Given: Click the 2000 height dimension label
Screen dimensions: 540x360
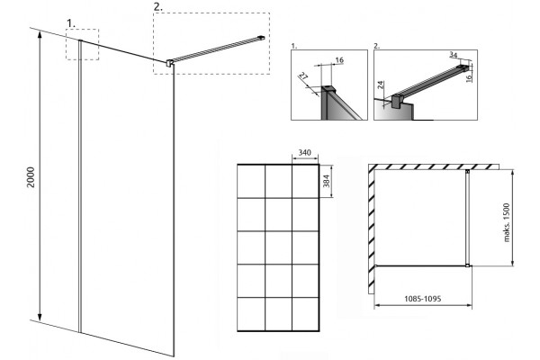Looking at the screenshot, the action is click(31, 177).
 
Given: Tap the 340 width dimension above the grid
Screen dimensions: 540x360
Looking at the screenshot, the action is click(305, 152).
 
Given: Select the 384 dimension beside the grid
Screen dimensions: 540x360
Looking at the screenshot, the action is click(326, 181).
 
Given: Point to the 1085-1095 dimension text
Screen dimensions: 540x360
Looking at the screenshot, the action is click(423, 299).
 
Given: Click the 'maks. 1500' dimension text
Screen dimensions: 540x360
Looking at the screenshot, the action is click(506, 222).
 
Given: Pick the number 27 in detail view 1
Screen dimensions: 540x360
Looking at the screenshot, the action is click(303, 76).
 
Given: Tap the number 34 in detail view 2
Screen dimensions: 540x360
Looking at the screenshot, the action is click(454, 55).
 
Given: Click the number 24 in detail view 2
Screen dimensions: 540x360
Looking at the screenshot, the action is click(380, 85).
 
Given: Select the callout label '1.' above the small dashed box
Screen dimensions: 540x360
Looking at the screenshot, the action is click(71, 23).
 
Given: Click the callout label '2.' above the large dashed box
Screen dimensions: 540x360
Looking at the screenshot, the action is click(158, 7).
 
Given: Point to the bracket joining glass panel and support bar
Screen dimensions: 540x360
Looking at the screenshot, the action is click(169, 63).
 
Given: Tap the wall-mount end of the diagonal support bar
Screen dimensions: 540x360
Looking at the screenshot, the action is click(262, 37).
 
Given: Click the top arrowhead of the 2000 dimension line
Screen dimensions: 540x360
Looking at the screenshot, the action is click(40, 34).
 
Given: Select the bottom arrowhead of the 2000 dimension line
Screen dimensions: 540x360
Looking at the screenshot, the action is click(40, 318).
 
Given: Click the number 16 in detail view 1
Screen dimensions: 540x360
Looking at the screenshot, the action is click(339, 60).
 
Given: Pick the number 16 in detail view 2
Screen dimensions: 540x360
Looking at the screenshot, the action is click(468, 78).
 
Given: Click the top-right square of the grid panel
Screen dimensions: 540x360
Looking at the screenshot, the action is click(305, 181).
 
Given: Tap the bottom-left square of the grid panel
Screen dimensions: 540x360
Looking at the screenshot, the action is click(251, 313).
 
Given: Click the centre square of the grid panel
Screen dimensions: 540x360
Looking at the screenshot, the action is click(278, 247).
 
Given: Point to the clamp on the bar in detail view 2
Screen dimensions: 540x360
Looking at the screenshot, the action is click(397, 101).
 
